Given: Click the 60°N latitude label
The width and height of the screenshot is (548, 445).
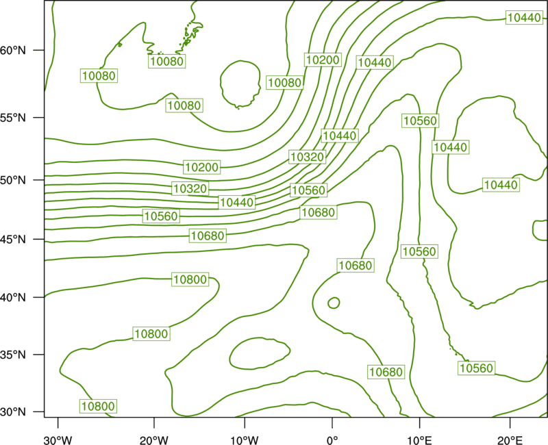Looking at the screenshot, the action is [x=13, y=50].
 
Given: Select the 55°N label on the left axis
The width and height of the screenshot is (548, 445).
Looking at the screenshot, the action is [x=13, y=118].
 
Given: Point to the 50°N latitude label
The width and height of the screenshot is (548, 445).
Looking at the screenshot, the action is [x=13, y=180].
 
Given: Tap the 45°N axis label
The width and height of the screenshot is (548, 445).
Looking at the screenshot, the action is [x=13, y=239].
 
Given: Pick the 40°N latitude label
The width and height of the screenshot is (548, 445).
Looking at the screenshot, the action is [x=13, y=297].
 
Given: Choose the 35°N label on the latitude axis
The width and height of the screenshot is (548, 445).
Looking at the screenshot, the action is [x=13, y=355].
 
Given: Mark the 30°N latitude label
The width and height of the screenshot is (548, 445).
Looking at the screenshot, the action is [x=13, y=412].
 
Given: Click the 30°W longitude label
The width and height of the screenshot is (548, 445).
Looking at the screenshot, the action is [x=58, y=440].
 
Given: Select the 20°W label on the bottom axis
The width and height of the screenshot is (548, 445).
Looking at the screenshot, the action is [x=153, y=440].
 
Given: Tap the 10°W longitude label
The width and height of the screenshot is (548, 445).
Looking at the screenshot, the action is [x=245, y=440].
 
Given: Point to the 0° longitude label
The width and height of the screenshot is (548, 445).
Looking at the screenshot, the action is [x=332, y=440].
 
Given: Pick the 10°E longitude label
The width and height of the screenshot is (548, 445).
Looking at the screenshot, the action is [x=420, y=440].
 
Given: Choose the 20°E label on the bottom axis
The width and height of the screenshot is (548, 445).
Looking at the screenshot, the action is [x=510, y=440].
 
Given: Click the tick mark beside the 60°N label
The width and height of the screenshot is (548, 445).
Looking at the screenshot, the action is [x=39, y=50].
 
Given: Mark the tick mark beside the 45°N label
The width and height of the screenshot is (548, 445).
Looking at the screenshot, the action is [x=39, y=239].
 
